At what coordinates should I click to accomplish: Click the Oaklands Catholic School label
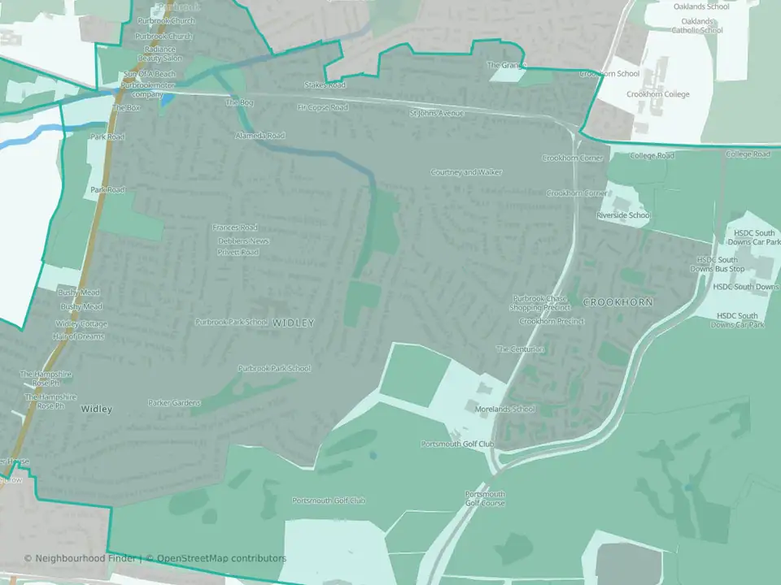tap(696, 26)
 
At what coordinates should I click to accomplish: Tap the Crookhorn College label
tap(658, 94)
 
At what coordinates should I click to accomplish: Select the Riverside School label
tap(623, 215)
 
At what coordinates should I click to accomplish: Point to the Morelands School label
tap(505, 409)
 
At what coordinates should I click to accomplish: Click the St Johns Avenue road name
tap(438, 113)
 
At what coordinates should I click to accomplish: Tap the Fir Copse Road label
tap(322, 107)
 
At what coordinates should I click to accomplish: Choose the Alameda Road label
tap(260, 136)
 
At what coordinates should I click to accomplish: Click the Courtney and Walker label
tap(466, 172)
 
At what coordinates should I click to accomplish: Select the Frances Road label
tap(234, 227)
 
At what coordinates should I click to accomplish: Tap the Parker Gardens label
tap(174, 403)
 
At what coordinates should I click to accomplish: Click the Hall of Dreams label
tap(80, 336)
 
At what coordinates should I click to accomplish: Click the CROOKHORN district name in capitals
tap(617, 302)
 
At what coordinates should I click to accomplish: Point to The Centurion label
tap(521, 349)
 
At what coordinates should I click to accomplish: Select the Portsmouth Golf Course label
tap(485, 499)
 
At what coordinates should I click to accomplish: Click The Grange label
tap(506, 65)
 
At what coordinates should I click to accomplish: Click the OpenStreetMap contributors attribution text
tap(221, 558)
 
